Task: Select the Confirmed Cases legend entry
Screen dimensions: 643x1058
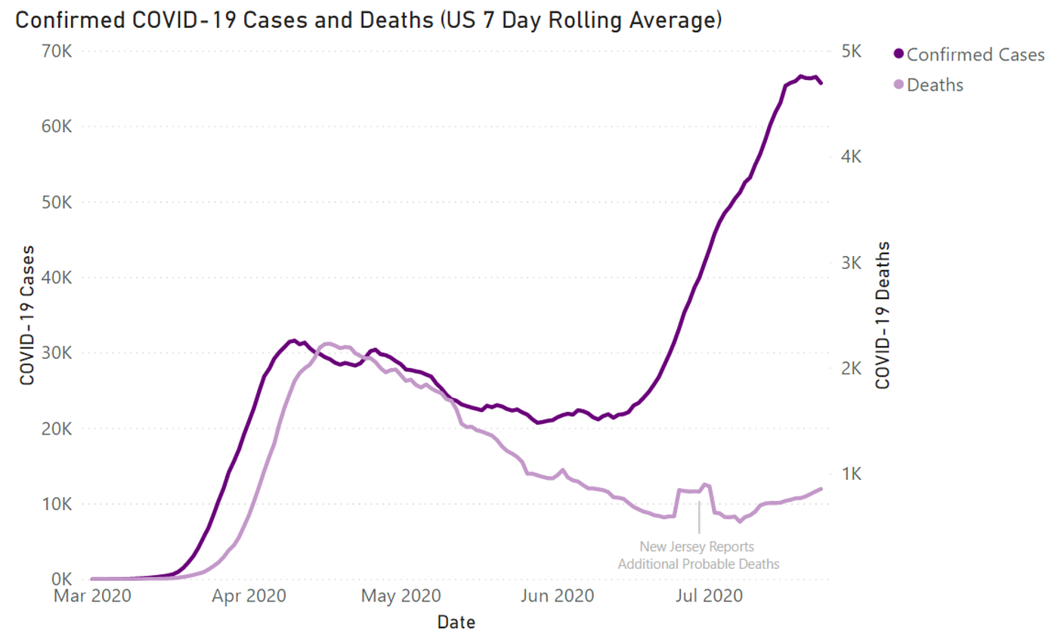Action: [975, 55]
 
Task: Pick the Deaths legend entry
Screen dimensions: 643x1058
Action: [934, 85]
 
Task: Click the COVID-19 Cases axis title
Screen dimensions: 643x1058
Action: [27, 315]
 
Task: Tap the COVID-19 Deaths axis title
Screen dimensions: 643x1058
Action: [883, 315]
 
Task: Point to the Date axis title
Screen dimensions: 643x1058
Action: [456, 623]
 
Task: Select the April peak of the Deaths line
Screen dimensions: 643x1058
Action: [328, 344]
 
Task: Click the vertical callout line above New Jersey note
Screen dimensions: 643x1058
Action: [700, 518]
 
